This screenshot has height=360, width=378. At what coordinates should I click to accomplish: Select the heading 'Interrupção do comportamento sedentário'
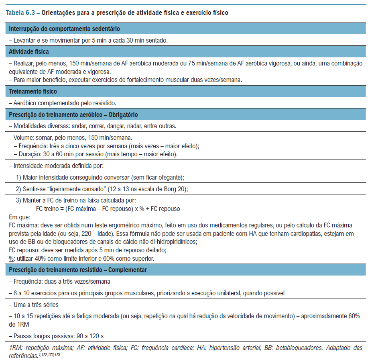click(x=64, y=29)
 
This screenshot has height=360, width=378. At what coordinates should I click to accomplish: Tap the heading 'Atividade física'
click(x=29, y=51)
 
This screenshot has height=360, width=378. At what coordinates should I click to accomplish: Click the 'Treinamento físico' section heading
click(x=33, y=92)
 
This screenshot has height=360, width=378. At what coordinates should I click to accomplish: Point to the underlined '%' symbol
click(x=11, y=258)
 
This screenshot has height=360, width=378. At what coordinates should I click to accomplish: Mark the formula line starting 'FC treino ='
click(x=108, y=209)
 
